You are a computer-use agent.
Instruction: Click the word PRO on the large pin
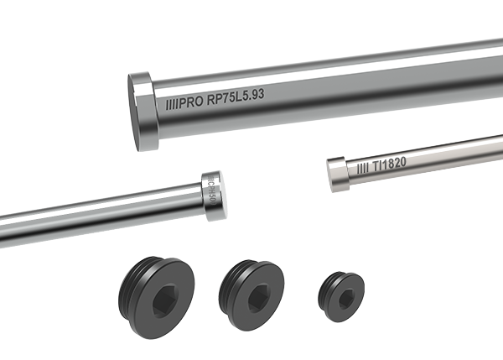tap(189, 103)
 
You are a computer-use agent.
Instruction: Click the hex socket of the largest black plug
tap(163, 300)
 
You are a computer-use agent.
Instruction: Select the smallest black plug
tap(341, 294)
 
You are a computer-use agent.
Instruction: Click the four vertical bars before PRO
tap(173, 104)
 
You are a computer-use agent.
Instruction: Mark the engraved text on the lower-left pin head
tap(212, 196)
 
